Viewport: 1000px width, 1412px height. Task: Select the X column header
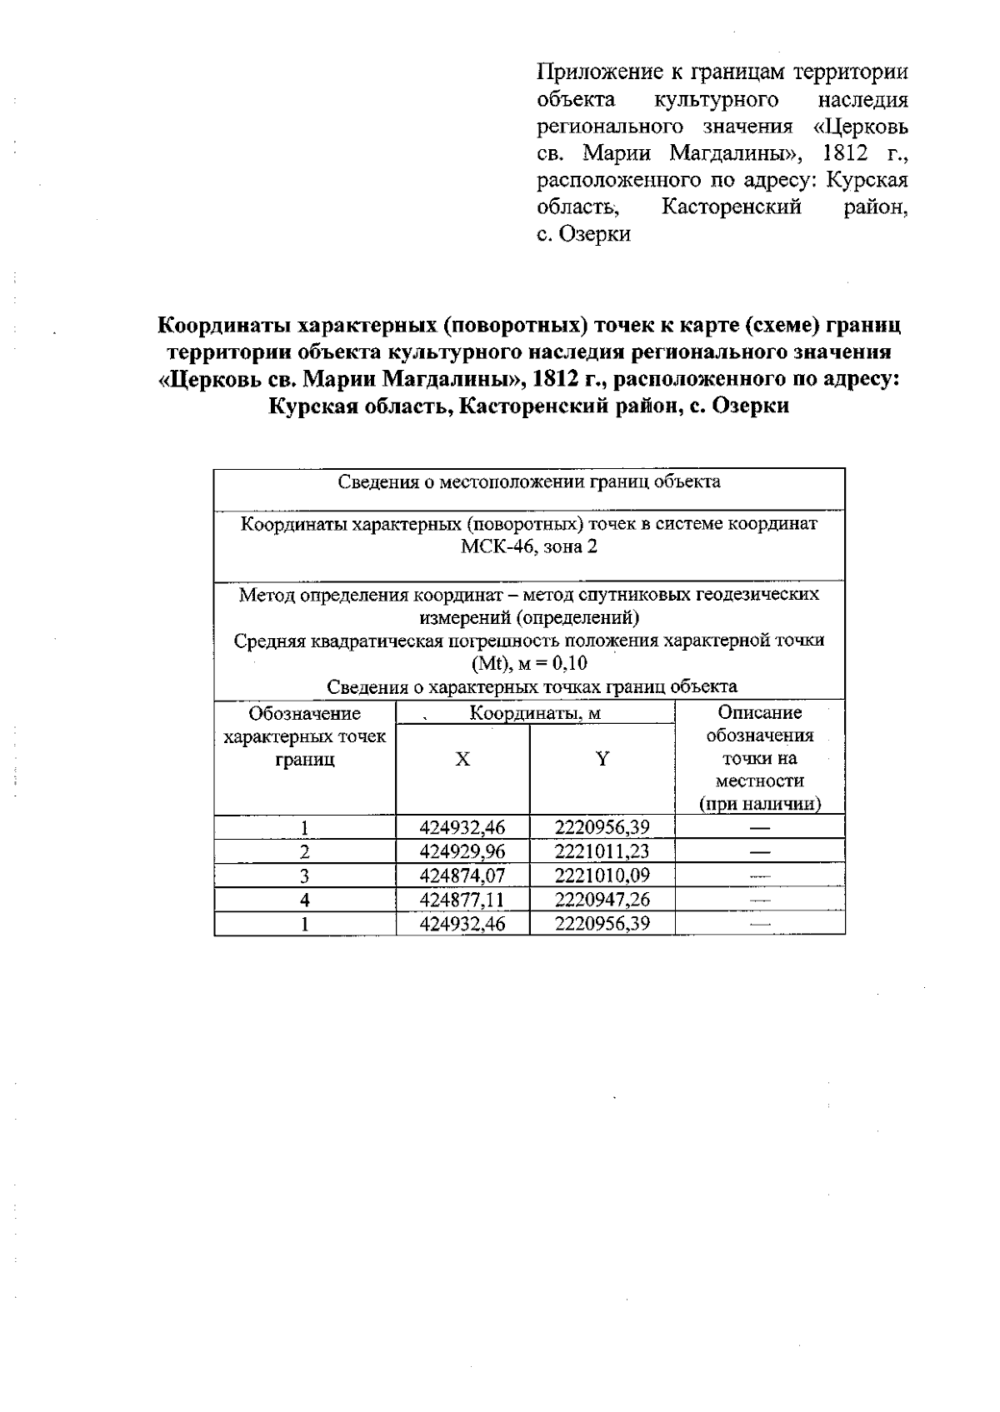(x=462, y=759)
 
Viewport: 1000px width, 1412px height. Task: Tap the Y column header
(x=602, y=759)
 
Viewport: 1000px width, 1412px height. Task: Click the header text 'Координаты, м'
(x=535, y=713)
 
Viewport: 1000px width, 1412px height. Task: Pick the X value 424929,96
(x=462, y=851)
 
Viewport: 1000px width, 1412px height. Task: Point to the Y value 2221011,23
(x=602, y=851)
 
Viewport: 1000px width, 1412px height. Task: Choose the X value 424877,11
(x=462, y=900)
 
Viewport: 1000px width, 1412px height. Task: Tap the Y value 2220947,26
(x=602, y=900)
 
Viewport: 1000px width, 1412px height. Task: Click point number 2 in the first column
(x=305, y=852)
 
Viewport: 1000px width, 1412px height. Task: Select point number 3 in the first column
(x=305, y=876)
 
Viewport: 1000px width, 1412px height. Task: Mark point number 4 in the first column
(x=305, y=900)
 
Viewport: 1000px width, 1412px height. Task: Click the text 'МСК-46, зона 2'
(x=529, y=547)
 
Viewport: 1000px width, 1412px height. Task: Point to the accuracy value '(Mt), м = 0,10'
(x=529, y=664)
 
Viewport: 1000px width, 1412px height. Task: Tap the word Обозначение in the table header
(x=305, y=713)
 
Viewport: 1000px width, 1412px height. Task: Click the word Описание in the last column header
(x=760, y=712)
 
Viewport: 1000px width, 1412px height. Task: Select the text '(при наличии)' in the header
(x=760, y=804)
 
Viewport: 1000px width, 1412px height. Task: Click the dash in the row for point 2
(x=760, y=852)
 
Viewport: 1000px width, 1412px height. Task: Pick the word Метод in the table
(x=267, y=594)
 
